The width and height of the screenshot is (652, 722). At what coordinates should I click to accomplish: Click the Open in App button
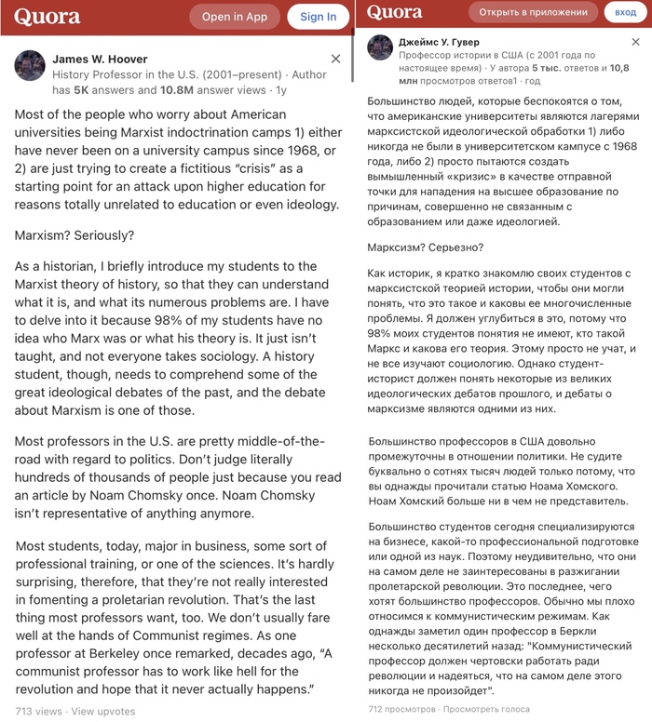point(235,17)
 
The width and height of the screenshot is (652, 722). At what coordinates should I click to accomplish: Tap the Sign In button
point(318,17)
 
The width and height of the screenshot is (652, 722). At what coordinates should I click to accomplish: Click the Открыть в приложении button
point(534,12)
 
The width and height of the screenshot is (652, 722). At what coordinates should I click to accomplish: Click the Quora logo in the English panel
point(48,17)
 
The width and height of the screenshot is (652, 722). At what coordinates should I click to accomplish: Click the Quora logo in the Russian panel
point(394,12)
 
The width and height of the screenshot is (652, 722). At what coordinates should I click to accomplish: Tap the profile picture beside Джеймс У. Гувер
point(380,47)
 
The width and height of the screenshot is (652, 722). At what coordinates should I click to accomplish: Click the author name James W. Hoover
point(100,59)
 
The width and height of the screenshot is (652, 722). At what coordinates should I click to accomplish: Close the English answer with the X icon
point(336,59)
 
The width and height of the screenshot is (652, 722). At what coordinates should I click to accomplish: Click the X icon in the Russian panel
point(636,42)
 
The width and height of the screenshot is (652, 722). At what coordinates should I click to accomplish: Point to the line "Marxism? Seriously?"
point(75,235)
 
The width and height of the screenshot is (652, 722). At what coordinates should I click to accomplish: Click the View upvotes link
point(103,712)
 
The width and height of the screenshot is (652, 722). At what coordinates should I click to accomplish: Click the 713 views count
point(38,712)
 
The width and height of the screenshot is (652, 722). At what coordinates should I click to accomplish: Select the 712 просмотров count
point(401,709)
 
